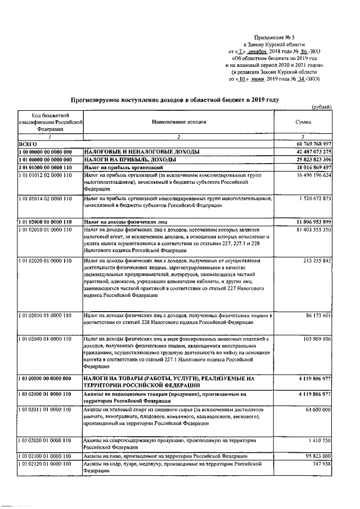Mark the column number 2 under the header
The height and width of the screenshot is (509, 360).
pos(178,137)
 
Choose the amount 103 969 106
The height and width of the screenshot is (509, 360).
pos(316,340)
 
